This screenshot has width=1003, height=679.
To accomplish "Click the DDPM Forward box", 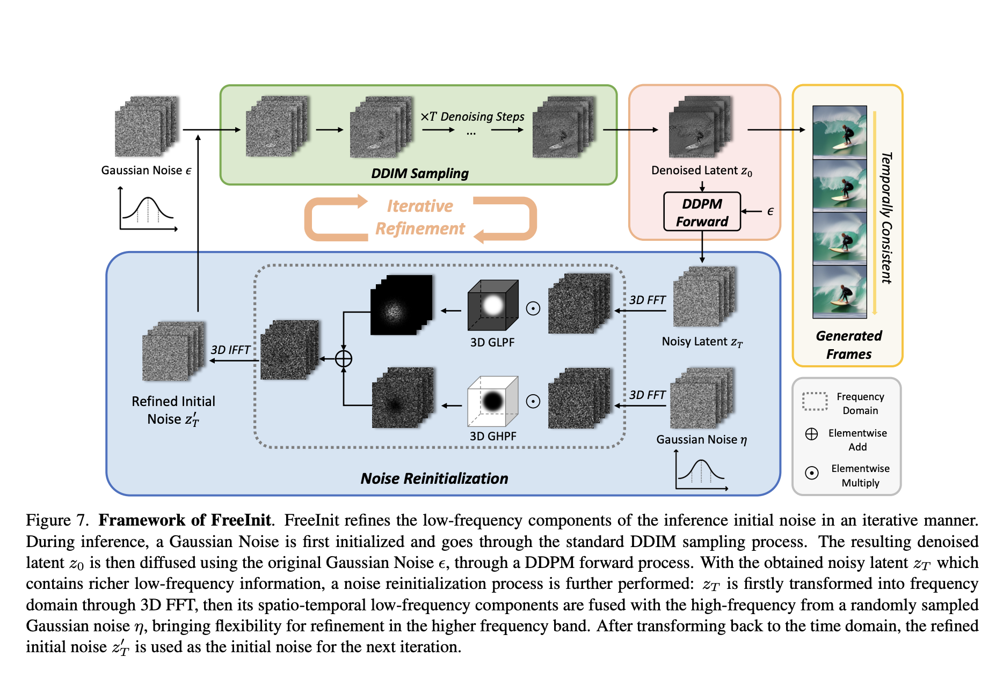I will click(702, 212).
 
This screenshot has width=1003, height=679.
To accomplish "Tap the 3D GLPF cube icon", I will click(493, 305).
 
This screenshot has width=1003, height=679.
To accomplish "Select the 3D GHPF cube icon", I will click(493, 401).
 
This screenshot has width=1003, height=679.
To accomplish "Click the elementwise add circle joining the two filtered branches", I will click(344, 358).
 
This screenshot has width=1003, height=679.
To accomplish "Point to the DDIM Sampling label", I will click(420, 173).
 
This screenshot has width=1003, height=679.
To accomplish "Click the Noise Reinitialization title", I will click(434, 478).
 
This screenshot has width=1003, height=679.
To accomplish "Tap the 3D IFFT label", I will click(230, 350).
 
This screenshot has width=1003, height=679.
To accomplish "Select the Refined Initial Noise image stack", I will click(173, 351).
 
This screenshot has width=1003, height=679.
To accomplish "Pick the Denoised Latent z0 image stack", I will click(700, 127).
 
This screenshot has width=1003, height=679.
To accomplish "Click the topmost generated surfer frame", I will click(839, 131).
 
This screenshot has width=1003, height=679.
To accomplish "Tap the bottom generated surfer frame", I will click(839, 292).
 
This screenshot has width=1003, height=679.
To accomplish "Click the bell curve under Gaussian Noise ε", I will click(148, 210).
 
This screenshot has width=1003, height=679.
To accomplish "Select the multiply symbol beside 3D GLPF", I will click(533, 308).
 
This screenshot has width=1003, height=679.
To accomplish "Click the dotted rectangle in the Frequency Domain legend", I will click(815, 401).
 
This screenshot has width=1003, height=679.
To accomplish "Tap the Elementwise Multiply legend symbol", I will click(812, 473).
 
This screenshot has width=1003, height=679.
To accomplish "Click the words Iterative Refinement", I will click(420, 217).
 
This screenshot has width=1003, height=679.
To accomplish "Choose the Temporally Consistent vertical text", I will click(886, 217).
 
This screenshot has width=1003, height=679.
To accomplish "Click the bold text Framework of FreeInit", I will click(185, 520).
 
